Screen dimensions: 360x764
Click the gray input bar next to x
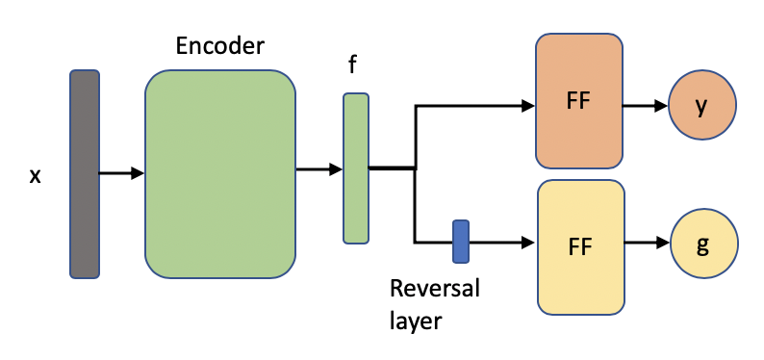(x=85, y=174)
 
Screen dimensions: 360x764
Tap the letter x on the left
(x=35, y=176)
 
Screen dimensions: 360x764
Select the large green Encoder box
(x=219, y=174)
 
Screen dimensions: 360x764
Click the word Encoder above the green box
(x=219, y=45)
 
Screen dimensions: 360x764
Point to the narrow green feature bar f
(x=356, y=167)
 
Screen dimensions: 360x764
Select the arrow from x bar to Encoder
(x=121, y=174)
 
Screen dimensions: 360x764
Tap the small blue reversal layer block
(x=461, y=242)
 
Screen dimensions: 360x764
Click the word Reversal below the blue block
(x=434, y=289)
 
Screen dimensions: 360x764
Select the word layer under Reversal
(x=415, y=320)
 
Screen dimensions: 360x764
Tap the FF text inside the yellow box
(x=579, y=246)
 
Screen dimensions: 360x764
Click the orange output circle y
(x=702, y=106)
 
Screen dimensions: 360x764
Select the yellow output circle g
(x=703, y=244)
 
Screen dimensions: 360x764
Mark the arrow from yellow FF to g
(x=646, y=244)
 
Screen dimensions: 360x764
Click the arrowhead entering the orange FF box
(x=527, y=106)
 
